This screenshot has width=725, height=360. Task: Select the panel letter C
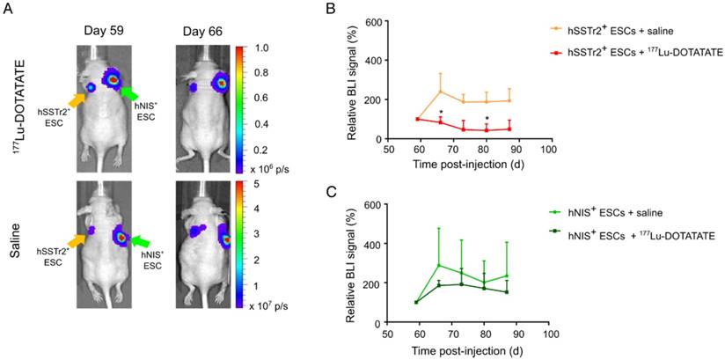click(332, 193)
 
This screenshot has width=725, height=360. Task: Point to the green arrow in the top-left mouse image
click(131, 93)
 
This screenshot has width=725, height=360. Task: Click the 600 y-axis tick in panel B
click(380, 21)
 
